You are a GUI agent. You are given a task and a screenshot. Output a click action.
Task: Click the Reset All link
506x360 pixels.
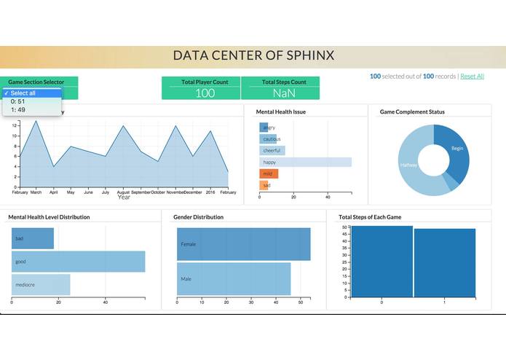pos(472,77)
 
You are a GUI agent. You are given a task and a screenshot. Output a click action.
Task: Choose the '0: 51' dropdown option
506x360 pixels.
pos(18,101)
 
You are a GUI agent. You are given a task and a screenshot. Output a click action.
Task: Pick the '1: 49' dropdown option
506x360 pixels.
pos(18,110)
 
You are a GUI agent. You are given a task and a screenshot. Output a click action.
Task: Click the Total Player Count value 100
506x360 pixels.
pos(205,93)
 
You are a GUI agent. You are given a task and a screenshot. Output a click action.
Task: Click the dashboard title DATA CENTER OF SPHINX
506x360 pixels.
pos(253,56)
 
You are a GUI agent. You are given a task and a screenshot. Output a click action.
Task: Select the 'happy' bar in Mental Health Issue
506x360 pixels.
pos(305,163)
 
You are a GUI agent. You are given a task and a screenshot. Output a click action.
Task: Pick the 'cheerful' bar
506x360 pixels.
pos(272,151)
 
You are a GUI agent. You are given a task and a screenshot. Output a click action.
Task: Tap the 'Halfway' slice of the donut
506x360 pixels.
pos(410,166)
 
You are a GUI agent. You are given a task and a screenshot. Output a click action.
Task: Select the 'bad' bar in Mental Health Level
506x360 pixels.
pos(32,238)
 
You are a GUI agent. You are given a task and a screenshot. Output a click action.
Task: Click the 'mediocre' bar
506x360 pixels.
pos(41,285)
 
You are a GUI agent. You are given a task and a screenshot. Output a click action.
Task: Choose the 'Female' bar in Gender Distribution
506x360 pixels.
pos(243,244)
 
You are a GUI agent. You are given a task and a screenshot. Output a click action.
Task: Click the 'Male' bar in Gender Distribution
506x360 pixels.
pos(233,279)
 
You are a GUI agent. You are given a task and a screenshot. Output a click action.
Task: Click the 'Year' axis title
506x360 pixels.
pos(124,197)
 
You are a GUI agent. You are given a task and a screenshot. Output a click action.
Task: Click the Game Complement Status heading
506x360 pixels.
pos(412,112)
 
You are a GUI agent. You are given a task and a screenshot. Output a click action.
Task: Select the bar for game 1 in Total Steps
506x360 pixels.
pos(445,263)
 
